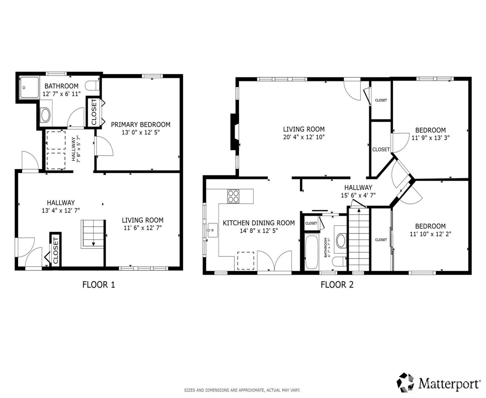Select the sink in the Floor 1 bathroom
[x=45, y=115]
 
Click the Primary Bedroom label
[x=141, y=125]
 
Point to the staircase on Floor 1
[x=93, y=234]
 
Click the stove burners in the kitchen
[x=233, y=196]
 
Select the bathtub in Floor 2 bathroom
[x=311, y=252]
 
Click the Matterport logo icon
[x=406, y=382]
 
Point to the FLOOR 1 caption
[x=99, y=285]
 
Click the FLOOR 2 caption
[x=337, y=285]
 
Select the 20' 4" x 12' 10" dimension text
[x=304, y=137]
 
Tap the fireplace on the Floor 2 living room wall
[x=234, y=132]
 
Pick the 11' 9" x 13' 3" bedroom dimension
[x=430, y=138]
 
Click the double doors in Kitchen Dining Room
[x=274, y=261]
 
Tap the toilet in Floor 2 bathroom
[x=338, y=261]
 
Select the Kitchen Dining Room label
[x=259, y=223]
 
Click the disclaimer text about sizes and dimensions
[x=242, y=390]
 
